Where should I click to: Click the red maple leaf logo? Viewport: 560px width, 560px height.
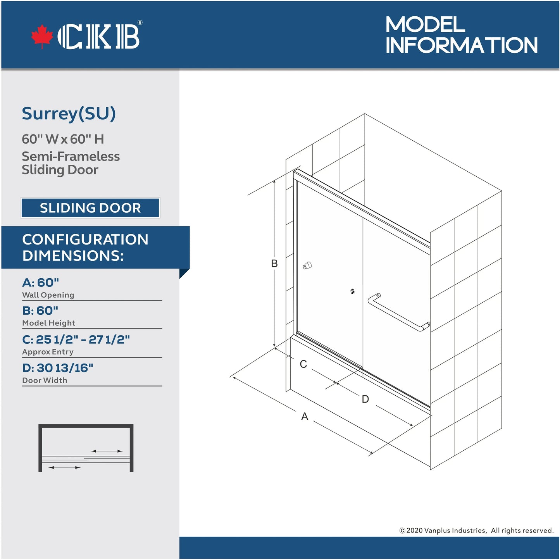click(x=42, y=36)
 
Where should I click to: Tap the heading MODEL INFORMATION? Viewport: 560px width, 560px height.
click(x=461, y=35)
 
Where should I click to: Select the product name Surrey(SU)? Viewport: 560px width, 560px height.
click(x=69, y=114)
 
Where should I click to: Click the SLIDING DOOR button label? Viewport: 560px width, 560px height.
click(x=90, y=208)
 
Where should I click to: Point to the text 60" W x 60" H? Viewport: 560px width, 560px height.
click(x=63, y=139)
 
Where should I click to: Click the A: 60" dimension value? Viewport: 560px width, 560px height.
click(x=41, y=283)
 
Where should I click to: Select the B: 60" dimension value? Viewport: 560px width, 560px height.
click(x=40, y=311)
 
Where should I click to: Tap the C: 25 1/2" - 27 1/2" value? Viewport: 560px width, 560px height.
click(x=76, y=339)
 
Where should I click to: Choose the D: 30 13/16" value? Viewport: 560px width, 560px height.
click(x=58, y=368)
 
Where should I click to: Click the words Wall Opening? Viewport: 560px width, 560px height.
click(x=48, y=295)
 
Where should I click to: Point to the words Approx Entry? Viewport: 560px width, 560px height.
click(x=48, y=352)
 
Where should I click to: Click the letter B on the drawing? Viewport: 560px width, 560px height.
click(x=274, y=264)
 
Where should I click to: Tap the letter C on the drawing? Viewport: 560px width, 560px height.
click(x=303, y=364)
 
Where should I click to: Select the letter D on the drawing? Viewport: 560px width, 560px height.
click(x=365, y=399)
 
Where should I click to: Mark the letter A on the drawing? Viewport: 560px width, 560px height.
click(x=305, y=417)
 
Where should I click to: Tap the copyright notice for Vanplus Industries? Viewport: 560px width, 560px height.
click(x=476, y=531)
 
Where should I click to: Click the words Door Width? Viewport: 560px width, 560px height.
click(x=45, y=381)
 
